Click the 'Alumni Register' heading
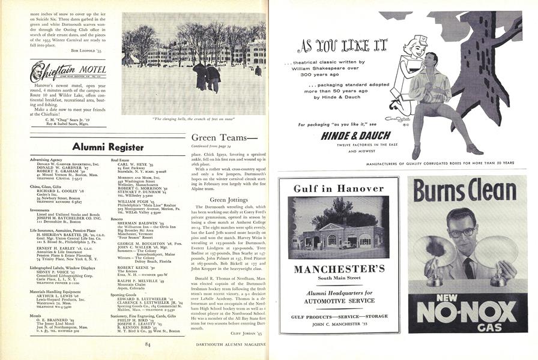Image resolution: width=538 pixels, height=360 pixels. click(x=107, y=146)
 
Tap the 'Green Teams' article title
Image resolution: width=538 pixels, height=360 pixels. click(x=217, y=138)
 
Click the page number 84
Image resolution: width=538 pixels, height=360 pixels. click(x=147, y=344)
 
